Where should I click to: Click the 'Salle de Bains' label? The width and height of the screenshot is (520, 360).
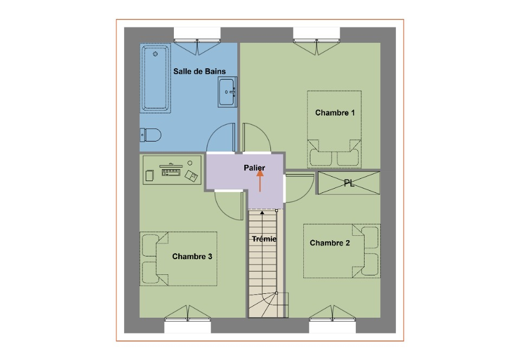199,72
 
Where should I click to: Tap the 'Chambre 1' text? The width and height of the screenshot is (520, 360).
335,113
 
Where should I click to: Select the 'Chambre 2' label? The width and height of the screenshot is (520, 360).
330,243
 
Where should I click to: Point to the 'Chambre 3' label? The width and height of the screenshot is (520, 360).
192,256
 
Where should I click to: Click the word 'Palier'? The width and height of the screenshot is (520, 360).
255,168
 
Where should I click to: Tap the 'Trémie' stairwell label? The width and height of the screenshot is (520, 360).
264,239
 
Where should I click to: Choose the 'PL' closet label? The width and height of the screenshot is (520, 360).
349,183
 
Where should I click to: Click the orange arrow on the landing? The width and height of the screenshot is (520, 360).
260,181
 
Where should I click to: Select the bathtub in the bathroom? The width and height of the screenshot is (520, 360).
155,78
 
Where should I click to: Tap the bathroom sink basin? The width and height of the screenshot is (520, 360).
227,92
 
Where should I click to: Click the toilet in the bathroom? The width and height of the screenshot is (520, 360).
151,135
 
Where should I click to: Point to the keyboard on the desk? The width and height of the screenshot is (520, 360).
171,172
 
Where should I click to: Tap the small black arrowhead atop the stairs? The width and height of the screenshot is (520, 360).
262,213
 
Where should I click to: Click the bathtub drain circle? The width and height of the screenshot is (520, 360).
155,54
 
